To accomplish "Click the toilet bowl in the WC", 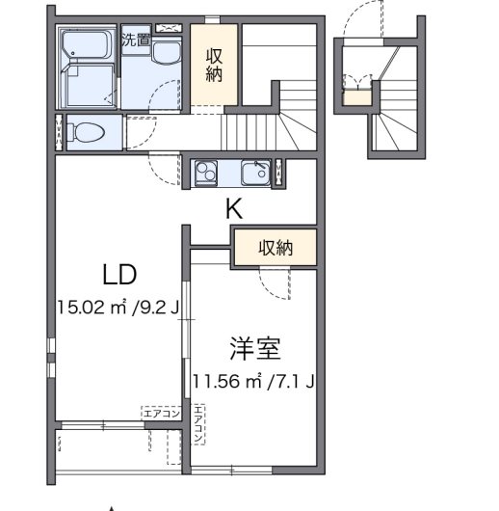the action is coord(86,132).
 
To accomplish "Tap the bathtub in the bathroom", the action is coord(87,44).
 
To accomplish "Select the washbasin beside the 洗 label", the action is coord(167,52).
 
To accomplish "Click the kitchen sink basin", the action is coord(255,173).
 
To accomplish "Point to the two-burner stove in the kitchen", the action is coord(206,173).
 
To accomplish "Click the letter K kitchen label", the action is coord(234,209).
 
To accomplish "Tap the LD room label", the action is coord(119,275).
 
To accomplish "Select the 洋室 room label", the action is coord(255,348).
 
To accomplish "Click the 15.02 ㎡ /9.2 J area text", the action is coord(118,308).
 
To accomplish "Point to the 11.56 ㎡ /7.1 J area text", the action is coord(253,381).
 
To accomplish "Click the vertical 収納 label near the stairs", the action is coord(214,65).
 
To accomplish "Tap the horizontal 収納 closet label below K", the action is coord(276,248).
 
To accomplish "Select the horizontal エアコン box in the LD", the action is coord(161,414).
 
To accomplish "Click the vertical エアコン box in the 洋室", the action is coord(198,424).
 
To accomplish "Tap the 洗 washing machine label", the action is coord(129,40).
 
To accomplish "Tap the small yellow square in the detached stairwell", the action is coord(358,97).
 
